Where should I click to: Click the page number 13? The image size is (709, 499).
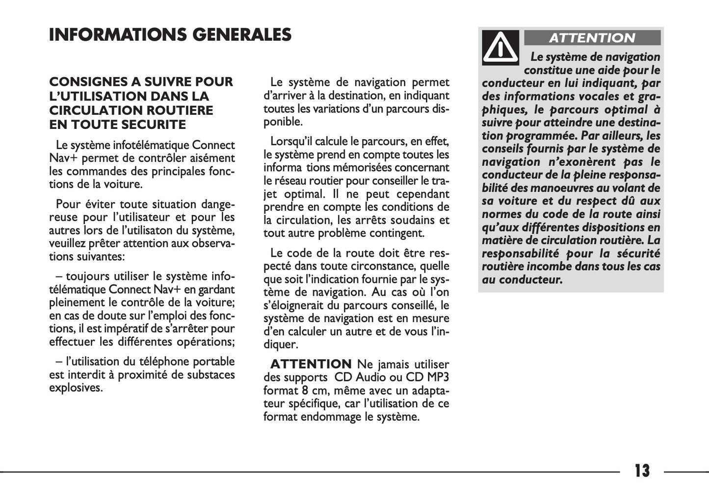point(642,471)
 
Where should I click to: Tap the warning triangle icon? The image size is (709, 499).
point(500,48)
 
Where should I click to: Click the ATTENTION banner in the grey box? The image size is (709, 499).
point(592,38)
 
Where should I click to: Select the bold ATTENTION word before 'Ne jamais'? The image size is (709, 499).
point(311,364)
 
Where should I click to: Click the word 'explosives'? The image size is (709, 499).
point(76,388)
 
